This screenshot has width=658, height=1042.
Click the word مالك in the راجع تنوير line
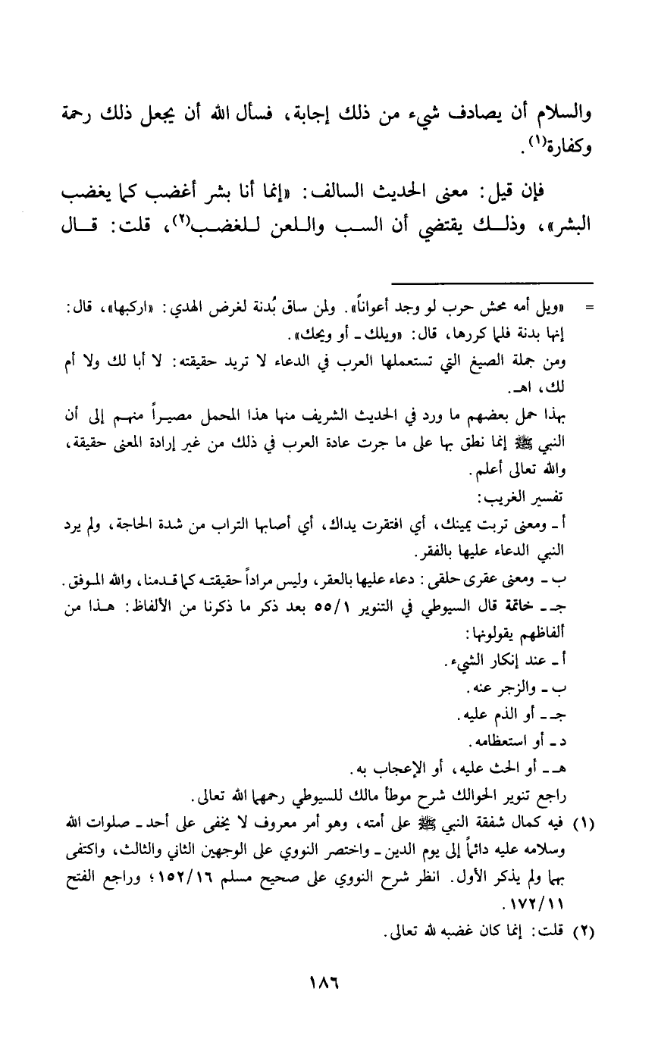point(377,796)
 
